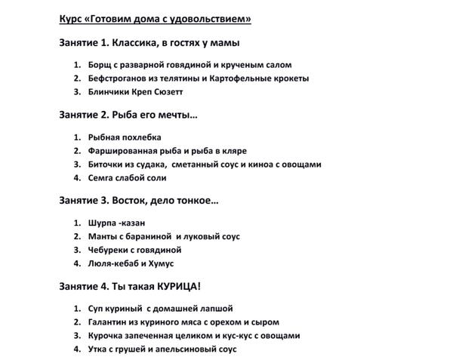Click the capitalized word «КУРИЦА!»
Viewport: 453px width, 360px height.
coord(177,287)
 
